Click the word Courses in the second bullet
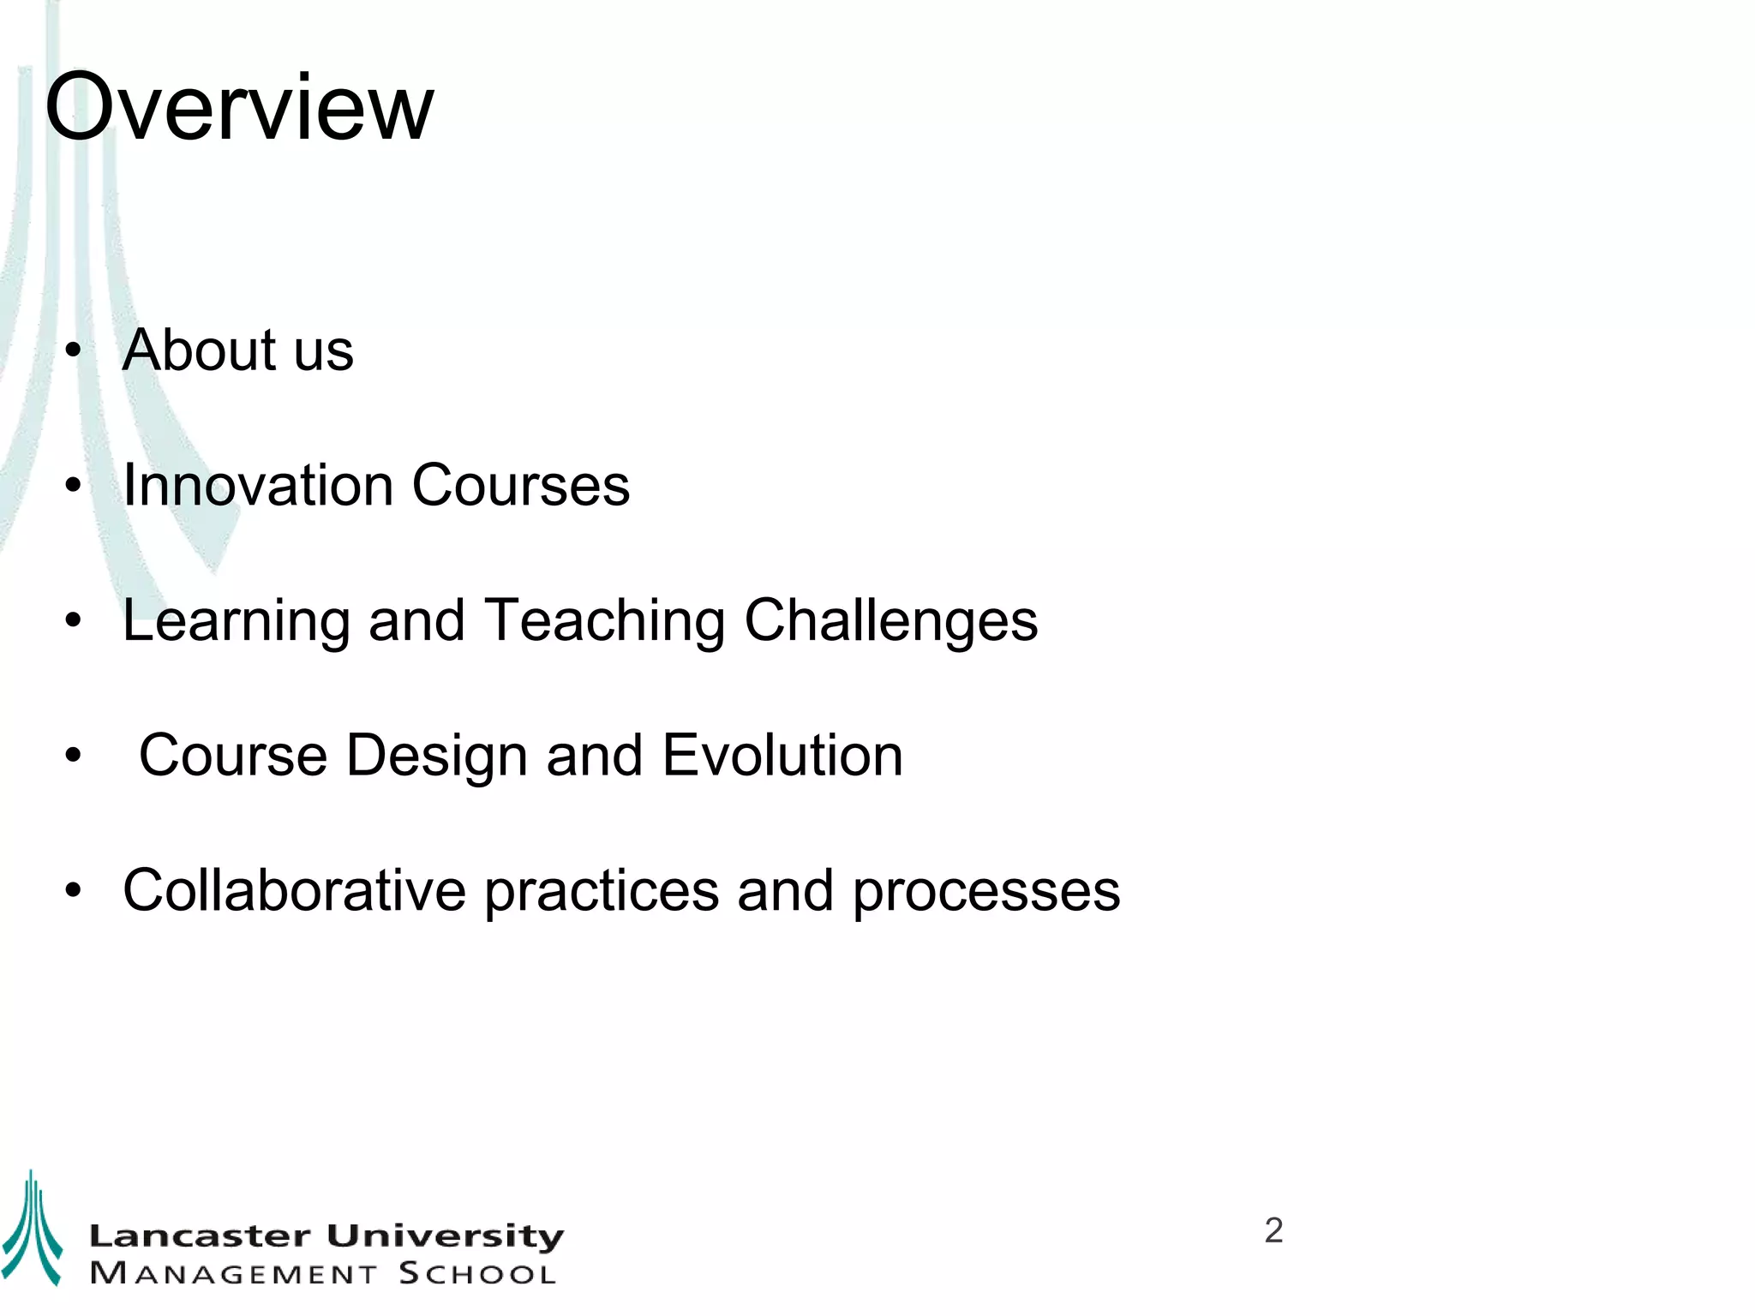coord(521,485)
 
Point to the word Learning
coord(236,622)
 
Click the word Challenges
coord(891,622)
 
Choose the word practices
coord(602,892)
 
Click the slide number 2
coord(1273,1230)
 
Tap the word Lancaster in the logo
coord(200,1236)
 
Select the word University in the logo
coord(446,1236)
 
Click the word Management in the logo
coord(233,1274)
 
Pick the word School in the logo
coord(477,1274)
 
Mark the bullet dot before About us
coord(74,350)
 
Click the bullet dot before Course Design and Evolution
coord(74,756)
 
